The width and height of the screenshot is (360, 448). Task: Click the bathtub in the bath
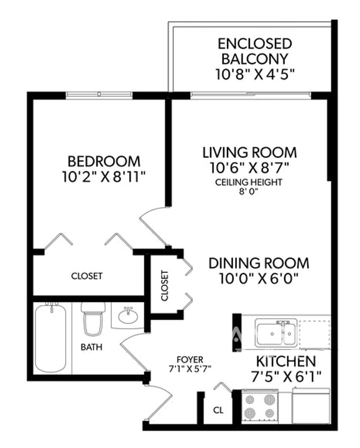pyautogui.click(x=50, y=339)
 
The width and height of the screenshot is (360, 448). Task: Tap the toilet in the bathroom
pyautogui.click(x=93, y=319)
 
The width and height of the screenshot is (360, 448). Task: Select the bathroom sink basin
pyautogui.click(x=128, y=316)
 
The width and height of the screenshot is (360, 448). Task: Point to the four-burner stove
pyautogui.click(x=260, y=406)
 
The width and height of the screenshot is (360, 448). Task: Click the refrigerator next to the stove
pyautogui.click(x=311, y=405)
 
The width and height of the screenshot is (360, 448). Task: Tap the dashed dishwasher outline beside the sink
pyautogui.click(x=314, y=334)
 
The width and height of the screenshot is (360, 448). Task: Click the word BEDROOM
pyautogui.click(x=104, y=162)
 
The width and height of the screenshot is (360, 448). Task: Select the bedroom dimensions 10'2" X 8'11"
pyautogui.click(x=102, y=177)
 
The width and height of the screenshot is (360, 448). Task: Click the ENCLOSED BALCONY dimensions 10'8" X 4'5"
pyautogui.click(x=255, y=75)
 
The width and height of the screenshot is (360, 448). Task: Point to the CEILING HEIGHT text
pyautogui.click(x=249, y=182)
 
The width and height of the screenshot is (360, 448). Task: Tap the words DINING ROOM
pyautogui.click(x=259, y=263)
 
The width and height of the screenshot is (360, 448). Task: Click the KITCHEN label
pyautogui.click(x=285, y=361)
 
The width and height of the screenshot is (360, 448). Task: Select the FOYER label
pyautogui.click(x=190, y=359)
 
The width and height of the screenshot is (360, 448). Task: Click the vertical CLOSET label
pyautogui.click(x=164, y=285)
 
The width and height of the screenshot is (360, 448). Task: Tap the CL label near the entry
pyautogui.click(x=218, y=410)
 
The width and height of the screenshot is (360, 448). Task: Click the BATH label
pyautogui.click(x=91, y=347)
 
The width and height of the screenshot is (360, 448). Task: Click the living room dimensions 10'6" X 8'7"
pyautogui.click(x=249, y=168)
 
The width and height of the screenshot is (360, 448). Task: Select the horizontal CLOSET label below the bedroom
pyautogui.click(x=86, y=276)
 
